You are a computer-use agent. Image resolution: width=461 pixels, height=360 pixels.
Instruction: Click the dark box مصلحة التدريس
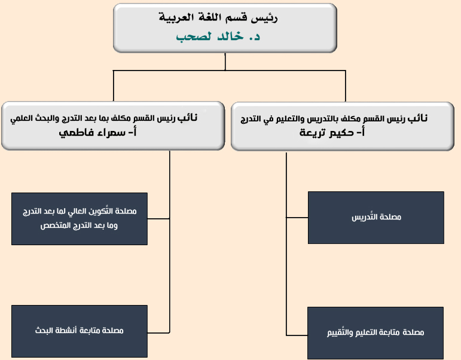coord(376,217)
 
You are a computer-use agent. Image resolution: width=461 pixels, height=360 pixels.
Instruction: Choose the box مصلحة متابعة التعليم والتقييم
coord(375,332)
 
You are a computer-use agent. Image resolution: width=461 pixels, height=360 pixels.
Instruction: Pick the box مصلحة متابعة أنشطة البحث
coord(80,330)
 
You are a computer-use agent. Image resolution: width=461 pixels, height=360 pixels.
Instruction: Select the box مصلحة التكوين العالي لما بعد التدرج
coord(80,218)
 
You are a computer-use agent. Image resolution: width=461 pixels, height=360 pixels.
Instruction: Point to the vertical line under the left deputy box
coord(170,179)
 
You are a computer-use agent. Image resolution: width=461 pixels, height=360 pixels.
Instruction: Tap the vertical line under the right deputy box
coord(286,179)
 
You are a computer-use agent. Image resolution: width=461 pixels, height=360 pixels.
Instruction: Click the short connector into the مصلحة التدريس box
coord(297,218)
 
